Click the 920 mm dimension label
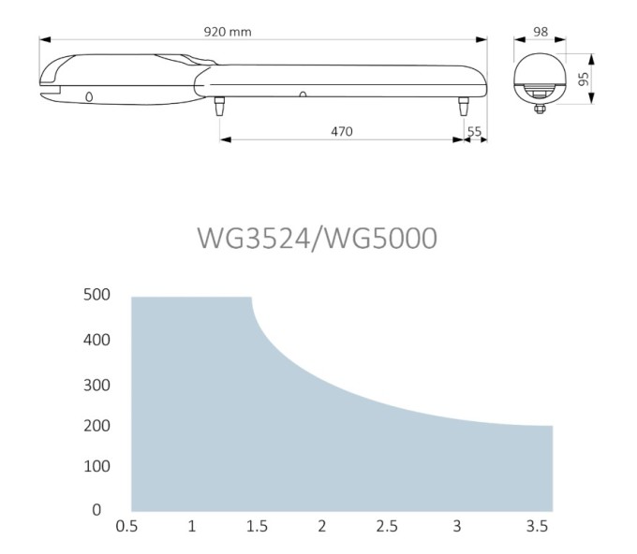pos(228,32)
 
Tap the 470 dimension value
pos(342,132)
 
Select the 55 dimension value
pos(474,132)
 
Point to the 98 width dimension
pos(541,32)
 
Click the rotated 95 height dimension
pos(584,79)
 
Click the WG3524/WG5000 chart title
pos(318,238)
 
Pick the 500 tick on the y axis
pos(96,295)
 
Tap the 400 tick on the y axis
pos(96,340)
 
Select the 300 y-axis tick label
pos(96,386)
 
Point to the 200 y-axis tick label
pos(96,426)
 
